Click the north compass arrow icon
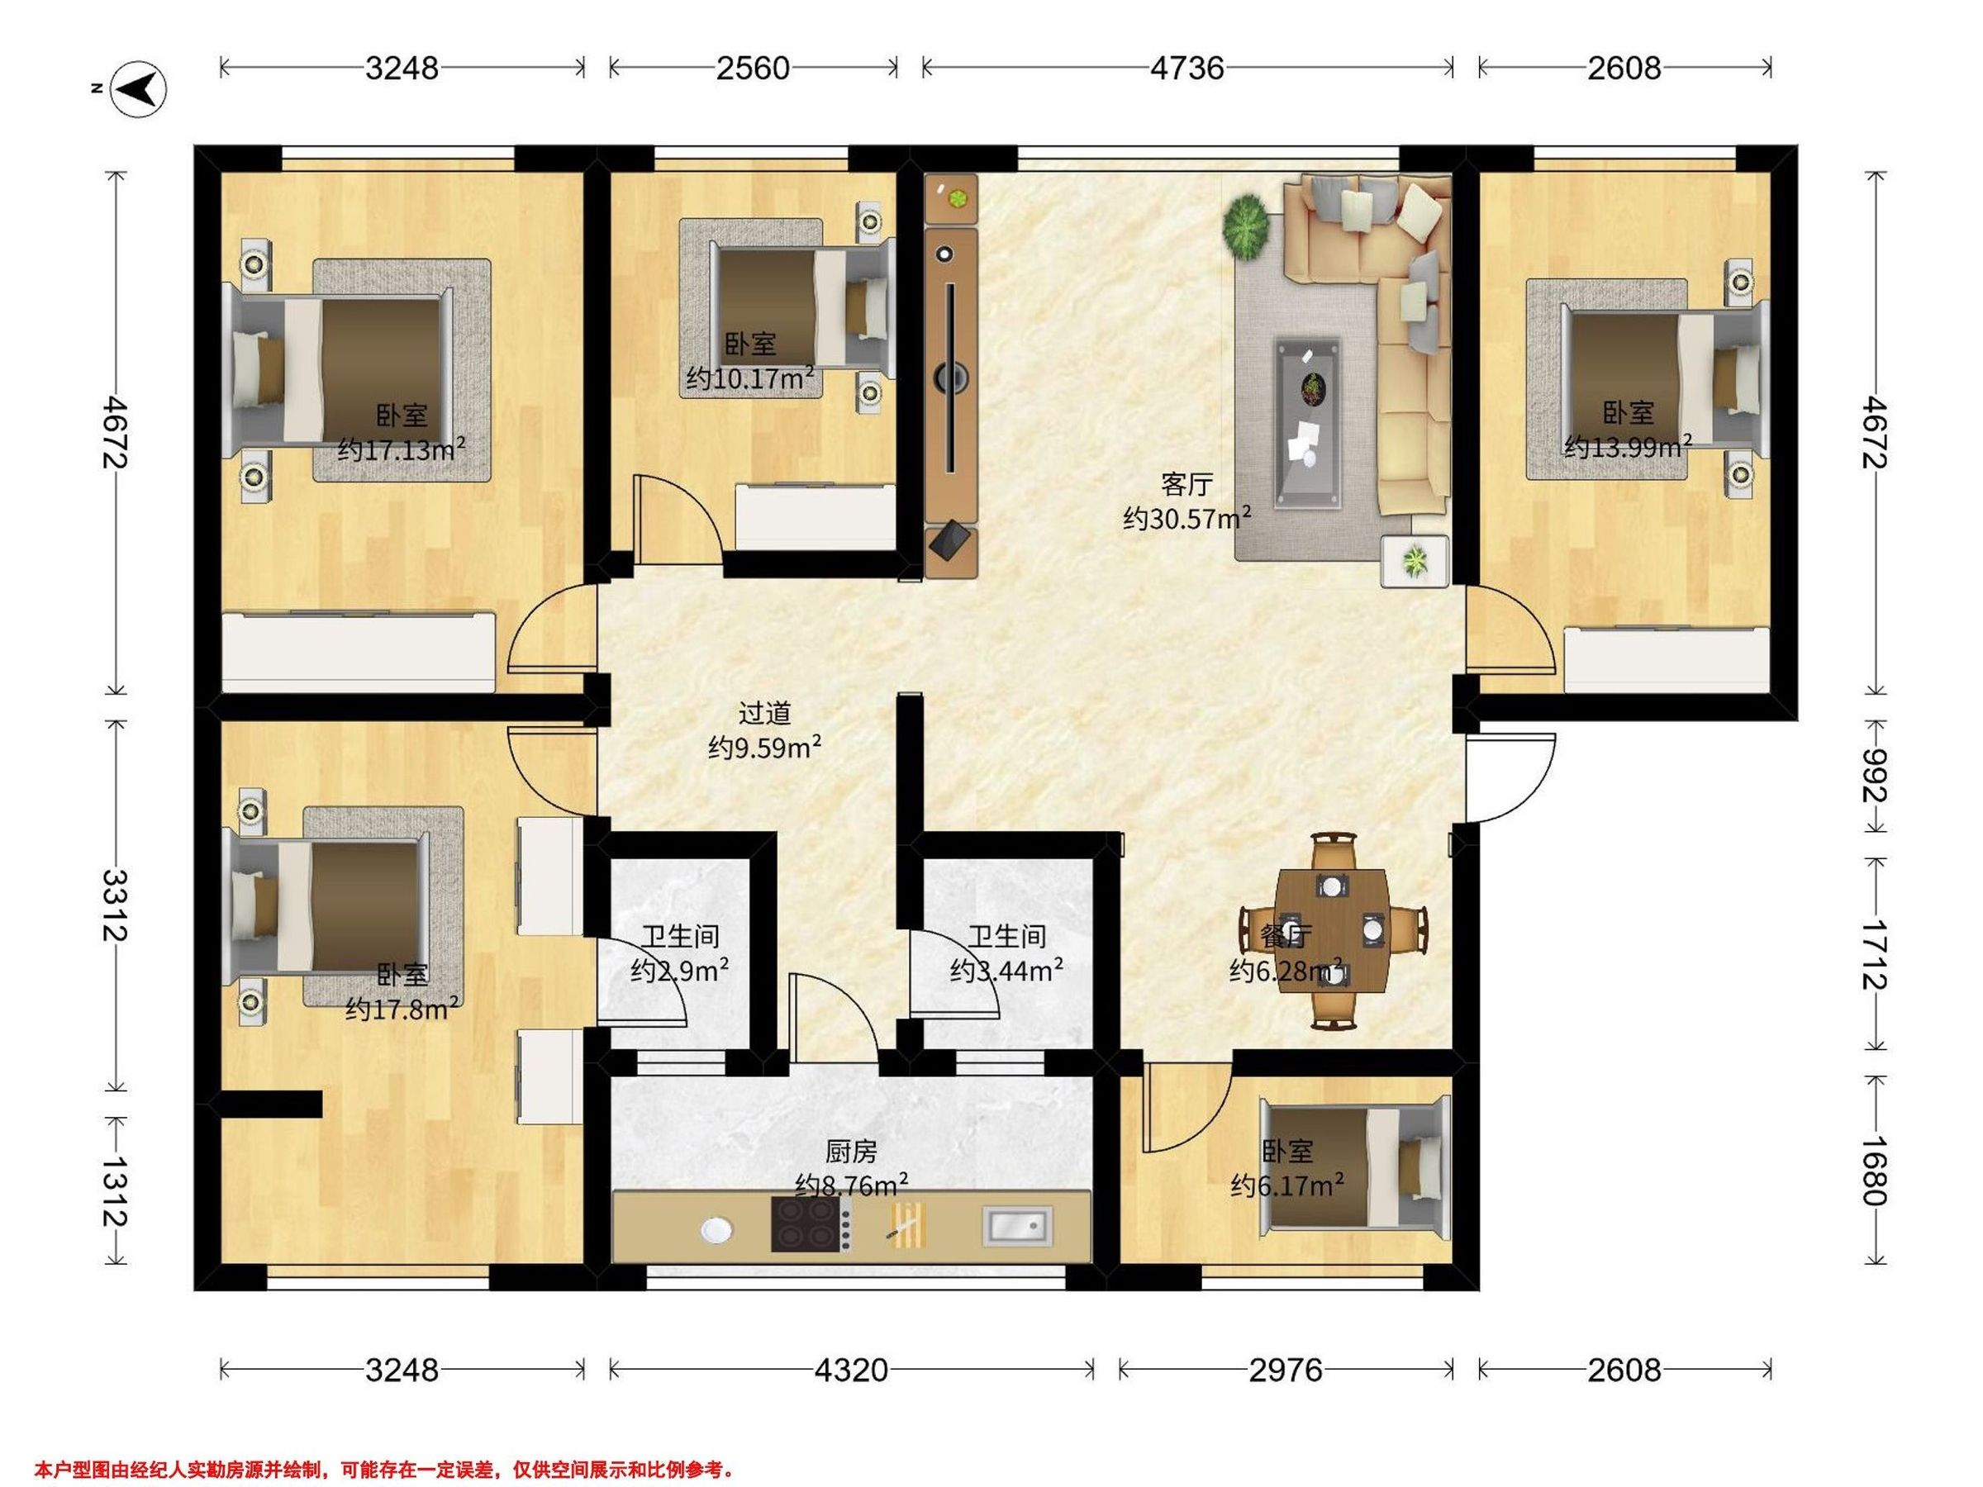click(139, 88)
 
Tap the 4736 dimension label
click(1187, 68)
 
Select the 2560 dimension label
click(752, 68)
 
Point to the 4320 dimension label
click(851, 1370)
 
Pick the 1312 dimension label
click(114, 1191)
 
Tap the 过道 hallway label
click(764, 714)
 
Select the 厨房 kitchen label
click(851, 1151)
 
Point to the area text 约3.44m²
click(1006, 970)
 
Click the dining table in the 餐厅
click(1332, 930)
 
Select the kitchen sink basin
click(1017, 1225)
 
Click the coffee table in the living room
click(1308, 422)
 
